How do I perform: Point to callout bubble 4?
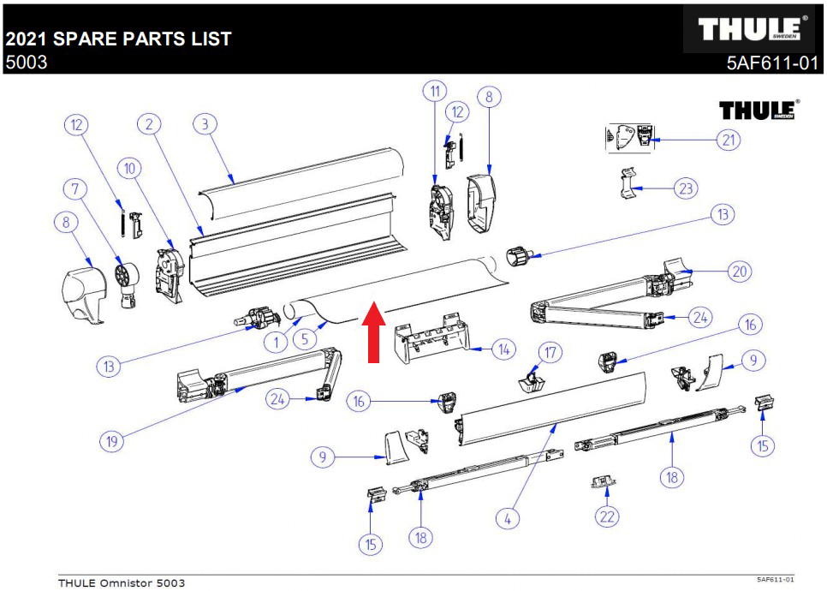pyautogui.click(x=508, y=518)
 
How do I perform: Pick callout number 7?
pyautogui.click(x=75, y=188)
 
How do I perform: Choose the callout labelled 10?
pyautogui.click(x=130, y=169)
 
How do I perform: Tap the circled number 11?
pyautogui.click(x=435, y=92)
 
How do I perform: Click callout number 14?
pyautogui.click(x=503, y=349)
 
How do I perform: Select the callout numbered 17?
pyautogui.click(x=550, y=352)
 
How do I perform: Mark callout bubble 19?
pyautogui.click(x=110, y=442)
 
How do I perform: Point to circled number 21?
pyautogui.click(x=729, y=140)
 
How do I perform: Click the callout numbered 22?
pyautogui.click(x=607, y=516)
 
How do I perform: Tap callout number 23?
pyautogui.click(x=685, y=188)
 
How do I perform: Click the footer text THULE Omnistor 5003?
pyautogui.click(x=121, y=583)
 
